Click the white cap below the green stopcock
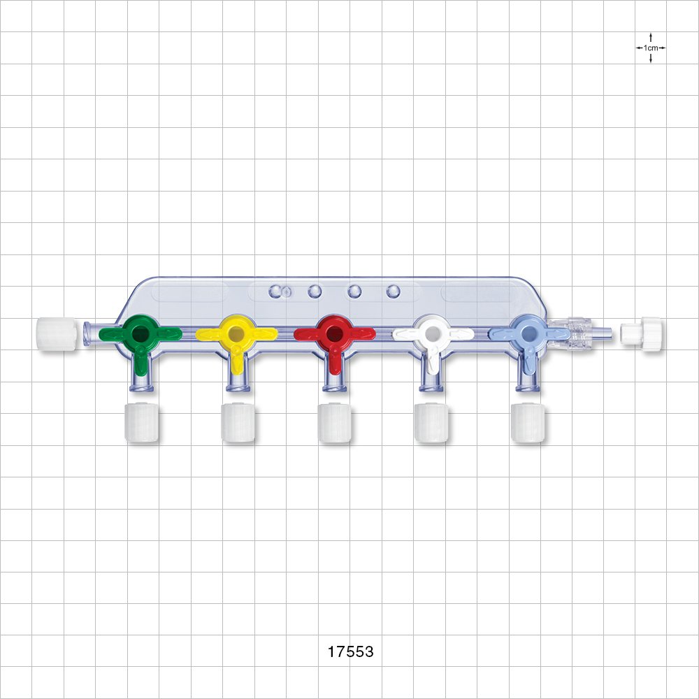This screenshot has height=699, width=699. coord(141,422)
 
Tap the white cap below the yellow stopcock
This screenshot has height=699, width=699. coord(238,422)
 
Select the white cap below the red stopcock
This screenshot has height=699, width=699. coord(335,422)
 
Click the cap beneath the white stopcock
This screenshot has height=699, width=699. coord(431,422)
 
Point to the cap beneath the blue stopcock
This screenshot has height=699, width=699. coord(528,422)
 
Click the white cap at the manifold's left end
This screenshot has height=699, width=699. coord(56,333)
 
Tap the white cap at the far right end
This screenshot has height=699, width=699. coord(642,333)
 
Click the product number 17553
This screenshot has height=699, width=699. coord(351,651)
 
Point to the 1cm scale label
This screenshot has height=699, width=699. coord(651,48)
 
